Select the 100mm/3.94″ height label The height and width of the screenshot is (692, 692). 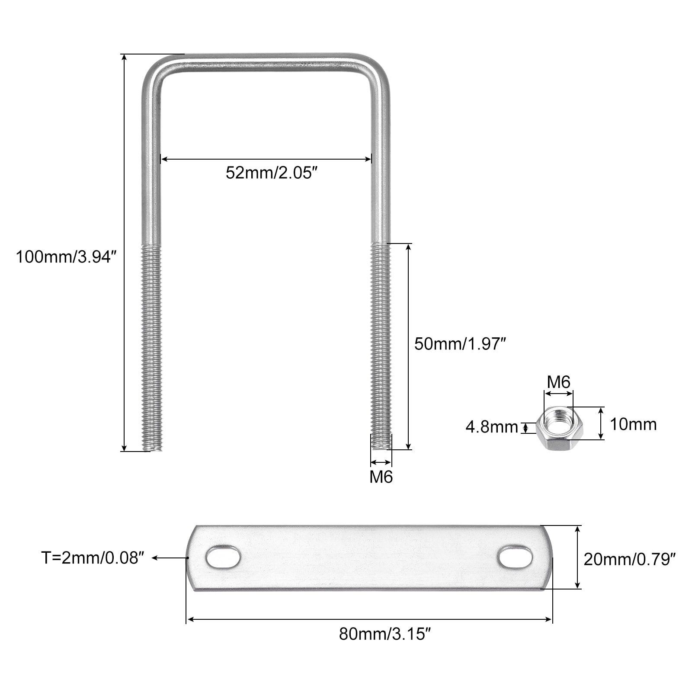coord(67,257)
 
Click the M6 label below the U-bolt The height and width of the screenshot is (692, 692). coord(381,477)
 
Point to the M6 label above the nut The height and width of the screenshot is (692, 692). coord(559,382)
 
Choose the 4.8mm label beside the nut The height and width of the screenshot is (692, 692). coord(492,427)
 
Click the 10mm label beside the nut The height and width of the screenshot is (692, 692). coord(633,424)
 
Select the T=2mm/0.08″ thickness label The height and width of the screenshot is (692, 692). coord(92,558)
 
